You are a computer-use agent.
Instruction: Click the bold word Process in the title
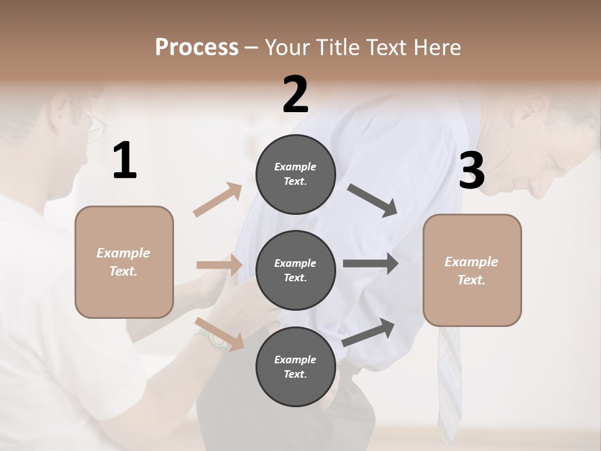pyautogui.click(x=197, y=47)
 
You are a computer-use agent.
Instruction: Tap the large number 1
pyautogui.click(x=125, y=161)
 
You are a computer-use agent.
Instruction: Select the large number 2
pyautogui.click(x=295, y=95)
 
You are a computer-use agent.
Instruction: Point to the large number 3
pyautogui.click(x=471, y=171)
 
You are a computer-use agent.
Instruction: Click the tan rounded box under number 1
pyautogui.click(x=124, y=262)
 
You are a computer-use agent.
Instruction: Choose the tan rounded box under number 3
pyautogui.click(x=472, y=270)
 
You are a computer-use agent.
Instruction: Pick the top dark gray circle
pyautogui.click(x=295, y=174)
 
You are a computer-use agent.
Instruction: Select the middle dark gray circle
pyautogui.click(x=295, y=270)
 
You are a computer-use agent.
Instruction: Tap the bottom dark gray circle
pyautogui.click(x=295, y=366)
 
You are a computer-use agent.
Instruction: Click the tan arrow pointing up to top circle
pyautogui.click(x=218, y=200)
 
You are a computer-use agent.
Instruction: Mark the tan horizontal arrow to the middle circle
pyautogui.click(x=219, y=265)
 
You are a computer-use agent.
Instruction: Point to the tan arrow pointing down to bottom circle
pyautogui.click(x=220, y=333)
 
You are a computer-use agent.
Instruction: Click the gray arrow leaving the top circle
pyautogui.click(x=373, y=201)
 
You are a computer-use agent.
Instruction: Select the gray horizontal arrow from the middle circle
pyautogui.click(x=371, y=263)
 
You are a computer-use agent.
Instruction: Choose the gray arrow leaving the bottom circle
pyautogui.click(x=369, y=332)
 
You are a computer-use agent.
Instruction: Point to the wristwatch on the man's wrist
pyautogui.click(x=217, y=339)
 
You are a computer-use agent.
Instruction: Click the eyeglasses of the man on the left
pyautogui.click(x=94, y=125)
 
